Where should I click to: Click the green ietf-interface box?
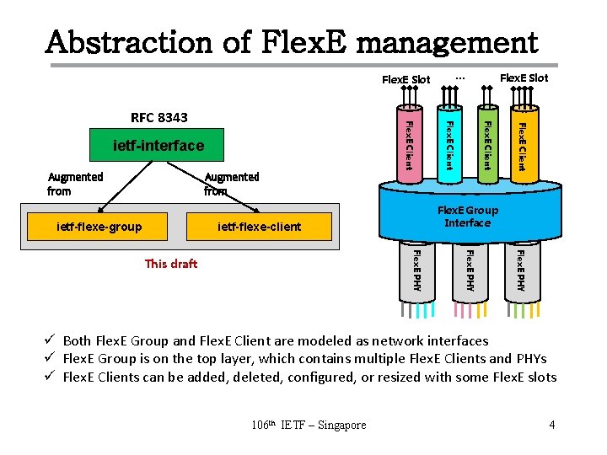[x=158, y=146]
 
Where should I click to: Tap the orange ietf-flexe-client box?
[x=259, y=226]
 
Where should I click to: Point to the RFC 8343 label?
[x=159, y=117]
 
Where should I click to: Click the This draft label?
[x=171, y=264]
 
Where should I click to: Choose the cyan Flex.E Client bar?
[x=449, y=143]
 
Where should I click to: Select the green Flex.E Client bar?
[x=486, y=143]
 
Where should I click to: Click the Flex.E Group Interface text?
[x=467, y=217]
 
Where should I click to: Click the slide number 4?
[x=551, y=425]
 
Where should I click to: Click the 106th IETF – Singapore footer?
[x=309, y=425]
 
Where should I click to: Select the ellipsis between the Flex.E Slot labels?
[x=459, y=77]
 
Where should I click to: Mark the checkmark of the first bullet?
[x=51, y=340]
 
